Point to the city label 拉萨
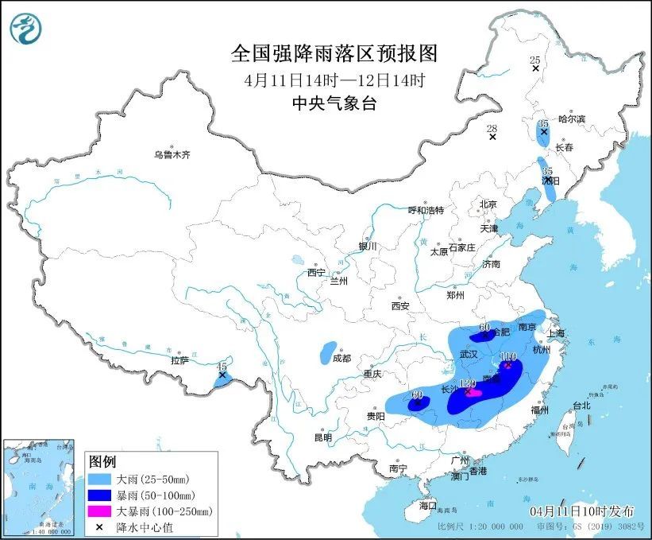(x=180, y=360)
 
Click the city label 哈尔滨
(x=571, y=118)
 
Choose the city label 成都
(x=341, y=358)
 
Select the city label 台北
(x=581, y=405)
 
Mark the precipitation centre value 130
(x=470, y=383)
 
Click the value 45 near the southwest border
(x=222, y=366)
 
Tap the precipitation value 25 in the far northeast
(x=534, y=60)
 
